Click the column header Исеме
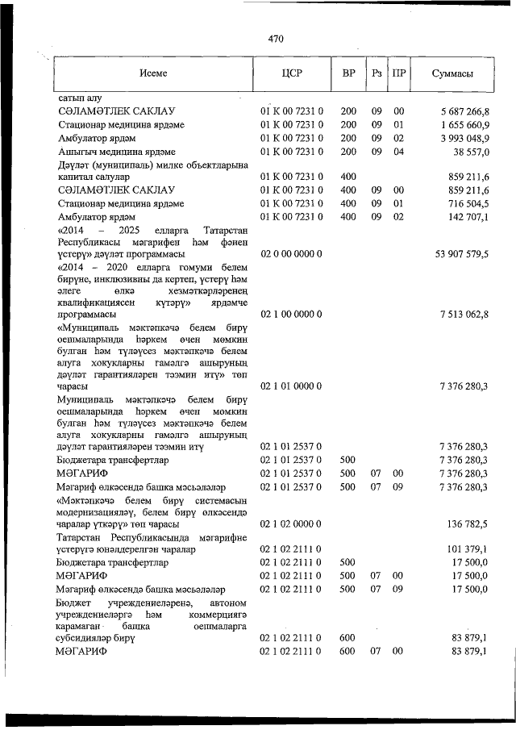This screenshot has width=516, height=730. pos(152,74)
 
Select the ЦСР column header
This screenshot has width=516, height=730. pos(291,74)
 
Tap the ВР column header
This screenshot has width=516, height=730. pos(348,74)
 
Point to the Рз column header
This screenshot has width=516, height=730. pos(377,74)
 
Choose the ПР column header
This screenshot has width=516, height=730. pos(398,74)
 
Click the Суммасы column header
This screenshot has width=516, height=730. pos(451,74)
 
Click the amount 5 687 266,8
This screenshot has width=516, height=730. pos(465,111)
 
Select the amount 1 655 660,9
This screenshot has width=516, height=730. pos(465,124)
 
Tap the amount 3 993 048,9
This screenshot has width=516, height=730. pos(465,138)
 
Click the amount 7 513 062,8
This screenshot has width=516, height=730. pos(465,314)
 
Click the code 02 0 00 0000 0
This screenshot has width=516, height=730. pos(291,255)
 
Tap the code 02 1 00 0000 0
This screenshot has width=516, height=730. pos(291,314)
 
